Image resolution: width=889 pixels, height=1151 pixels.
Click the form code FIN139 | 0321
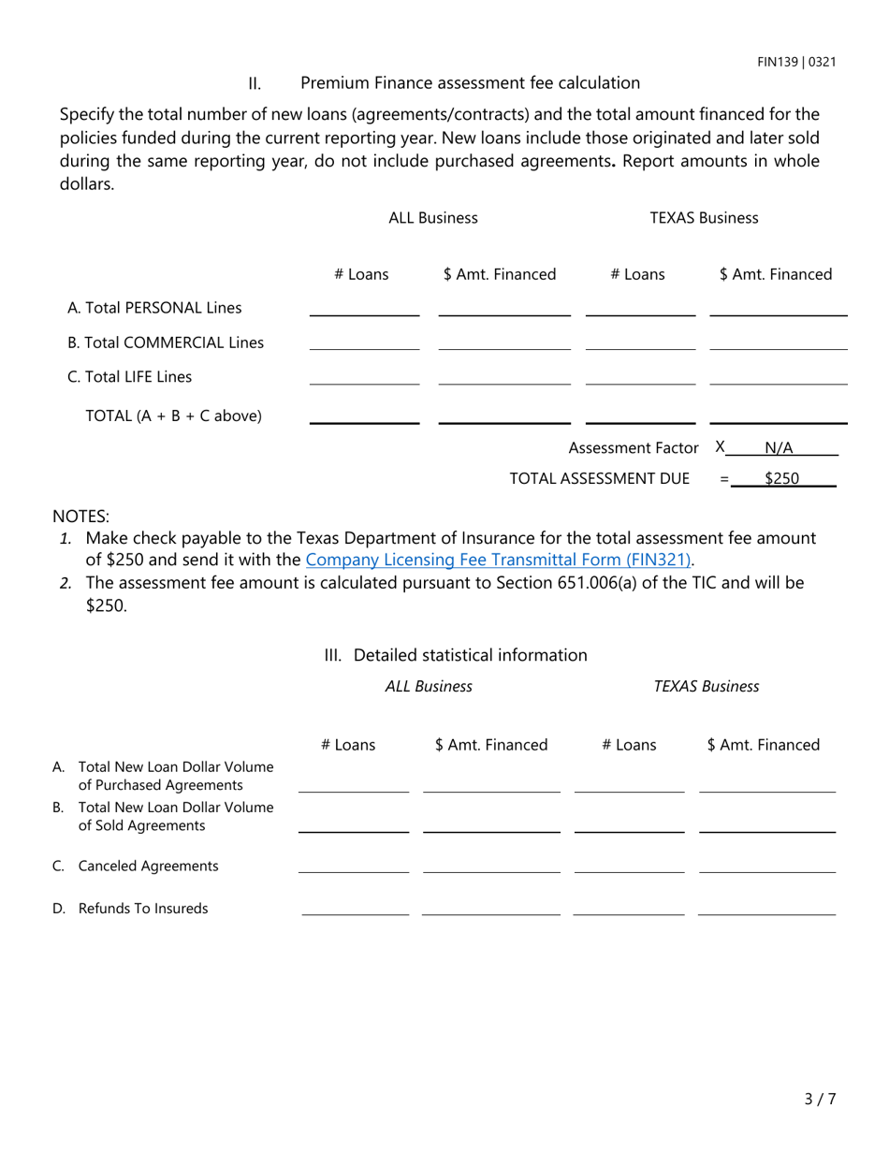pyautogui.click(x=796, y=63)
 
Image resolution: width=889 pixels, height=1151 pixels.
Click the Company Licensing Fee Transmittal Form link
pyautogui.click(x=499, y=561)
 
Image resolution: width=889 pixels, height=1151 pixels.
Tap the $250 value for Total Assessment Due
pyautogui.click(x=781, y=478)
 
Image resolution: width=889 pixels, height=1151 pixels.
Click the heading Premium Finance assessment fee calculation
pyautogui.click(x=470, y=83)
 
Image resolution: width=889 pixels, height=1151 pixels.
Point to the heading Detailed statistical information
pyautogui.click(x=470, y=655)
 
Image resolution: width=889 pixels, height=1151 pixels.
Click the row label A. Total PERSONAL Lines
pyautogui.click(x=154, y=308)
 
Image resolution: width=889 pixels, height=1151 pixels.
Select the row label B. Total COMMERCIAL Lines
pyautogui.click(x=166, y=342)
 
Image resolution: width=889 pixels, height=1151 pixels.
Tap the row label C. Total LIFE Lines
pyautogui.click(x=130, y=377)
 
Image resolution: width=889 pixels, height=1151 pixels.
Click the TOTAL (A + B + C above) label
pyautogui.click(x=174, y=415)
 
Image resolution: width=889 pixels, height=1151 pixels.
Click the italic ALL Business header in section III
pyautogui.click(x=429, y=687)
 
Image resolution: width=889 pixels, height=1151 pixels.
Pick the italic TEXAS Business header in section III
pyautogui.click(x=707, y=687)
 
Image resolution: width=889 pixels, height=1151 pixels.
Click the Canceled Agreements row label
pyautogui.click(x=148, y=867)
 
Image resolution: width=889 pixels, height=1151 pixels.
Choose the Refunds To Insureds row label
pyautogui.click(x=143, y=909)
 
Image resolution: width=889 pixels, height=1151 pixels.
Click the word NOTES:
pyautogui.click(x=80, y=517)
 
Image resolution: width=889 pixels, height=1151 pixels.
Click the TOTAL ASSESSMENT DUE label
pyautogui.click(x=599, y=479)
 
